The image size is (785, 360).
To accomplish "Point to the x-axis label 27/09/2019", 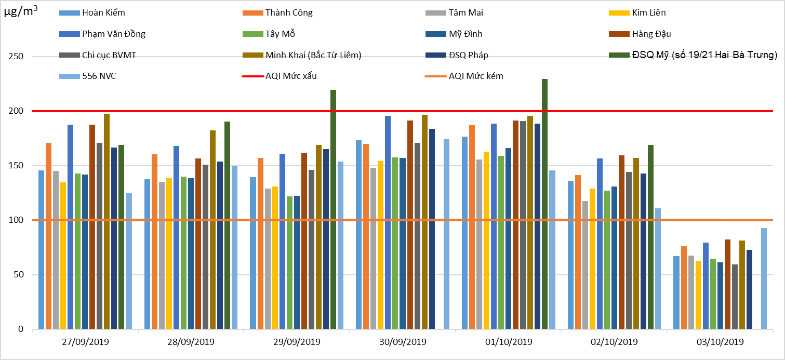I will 85,342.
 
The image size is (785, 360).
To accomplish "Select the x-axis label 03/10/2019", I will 720,342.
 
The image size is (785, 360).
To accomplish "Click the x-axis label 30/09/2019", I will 403,342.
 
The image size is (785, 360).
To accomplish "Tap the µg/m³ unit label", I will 20,13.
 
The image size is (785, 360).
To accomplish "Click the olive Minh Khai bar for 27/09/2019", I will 107,221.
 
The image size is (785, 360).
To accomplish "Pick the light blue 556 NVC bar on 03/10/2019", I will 764,278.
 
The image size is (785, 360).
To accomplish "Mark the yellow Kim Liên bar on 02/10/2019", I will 592,259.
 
